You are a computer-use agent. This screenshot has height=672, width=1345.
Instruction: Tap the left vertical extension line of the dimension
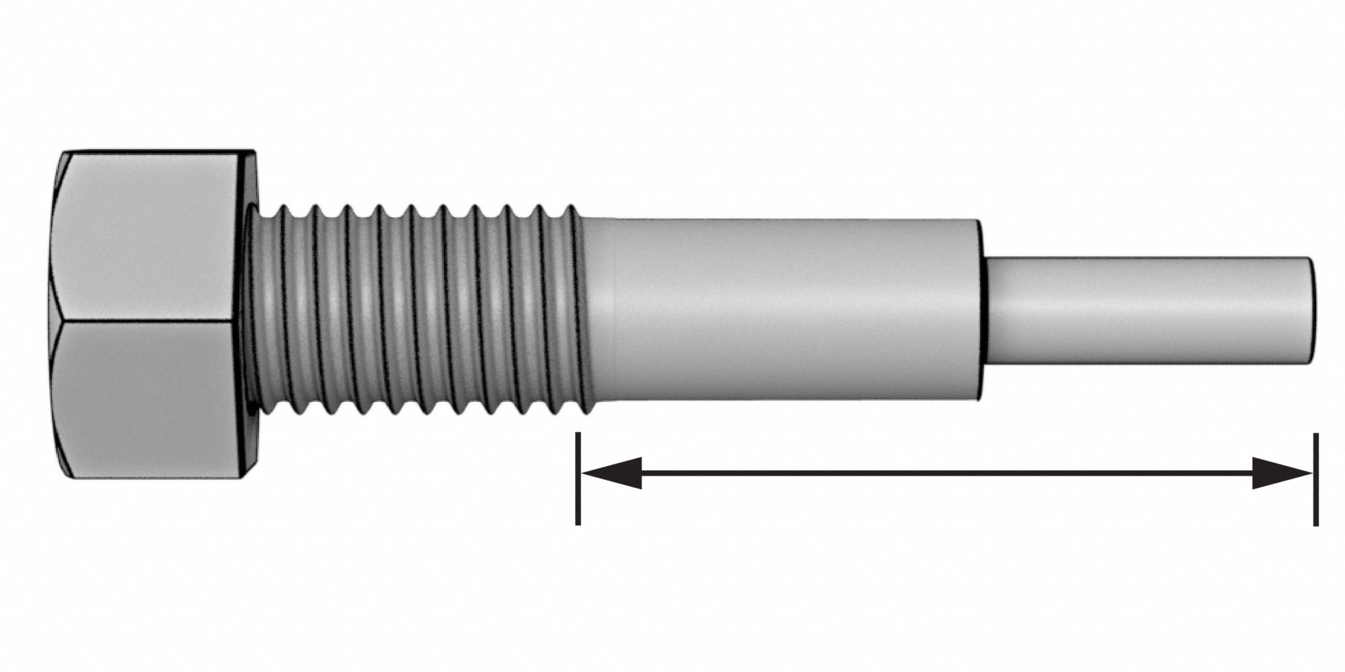[578, 478]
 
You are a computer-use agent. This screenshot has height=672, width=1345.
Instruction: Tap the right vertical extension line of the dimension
[1315, 478]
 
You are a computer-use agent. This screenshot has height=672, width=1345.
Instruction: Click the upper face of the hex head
[151, 235]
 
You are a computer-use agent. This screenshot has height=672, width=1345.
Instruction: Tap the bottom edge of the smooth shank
[780, 401]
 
